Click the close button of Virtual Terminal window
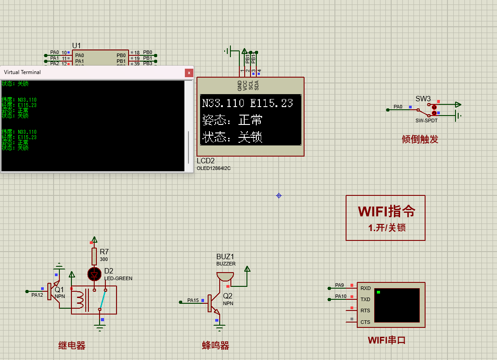click(x=189, y=72)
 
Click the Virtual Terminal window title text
click(x=22, y=72)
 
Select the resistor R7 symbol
click(x=94, y=257)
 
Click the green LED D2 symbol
click(x=94, y=274)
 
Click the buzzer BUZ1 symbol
click(x=225, y=277)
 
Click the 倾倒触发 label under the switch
click(x=420, y=139)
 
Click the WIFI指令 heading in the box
click(x=386, y=211)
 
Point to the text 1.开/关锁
click(x=387, y=228)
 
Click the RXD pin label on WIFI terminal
click(x=365, y=288)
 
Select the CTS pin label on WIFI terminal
click(x=365, y=322)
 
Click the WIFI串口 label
click(x=387, y=340)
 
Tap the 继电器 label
click(x=72, y=345)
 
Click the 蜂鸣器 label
click(x=215, y=345)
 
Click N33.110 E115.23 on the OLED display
click(x=247, y=103)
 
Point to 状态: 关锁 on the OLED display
click(x=232, y=137)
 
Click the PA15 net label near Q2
click(x=193, y=300)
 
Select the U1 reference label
click(x=77, y=46)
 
